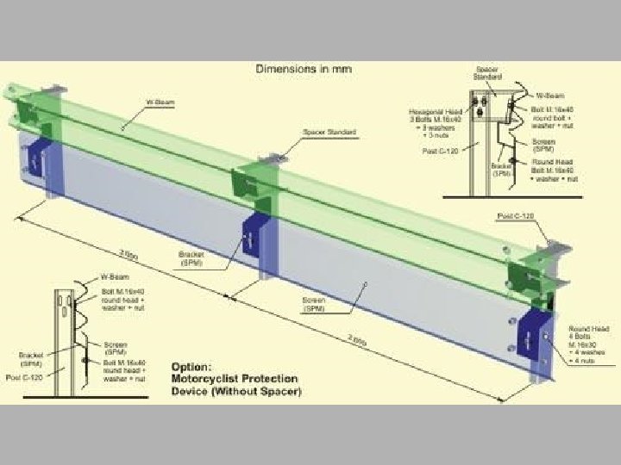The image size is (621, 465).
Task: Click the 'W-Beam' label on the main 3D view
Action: tap(159, 102)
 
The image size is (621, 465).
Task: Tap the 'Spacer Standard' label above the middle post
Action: tap(317, 133)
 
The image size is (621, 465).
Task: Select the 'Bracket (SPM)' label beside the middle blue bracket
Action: tap(190, 258)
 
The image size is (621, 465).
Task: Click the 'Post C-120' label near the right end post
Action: tap(513, 214)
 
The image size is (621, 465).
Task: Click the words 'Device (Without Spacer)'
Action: tap(236, 393)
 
